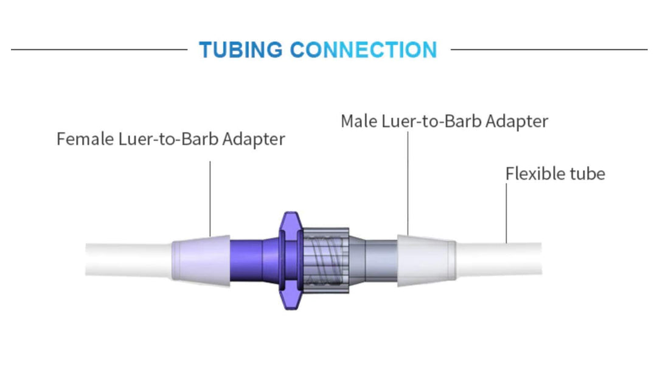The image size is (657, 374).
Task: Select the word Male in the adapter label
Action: (359, 121)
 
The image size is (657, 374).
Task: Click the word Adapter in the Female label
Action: (253, 139)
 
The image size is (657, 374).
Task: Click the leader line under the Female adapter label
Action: (210, 198)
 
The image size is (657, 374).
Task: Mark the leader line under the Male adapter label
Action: (408, 182)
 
